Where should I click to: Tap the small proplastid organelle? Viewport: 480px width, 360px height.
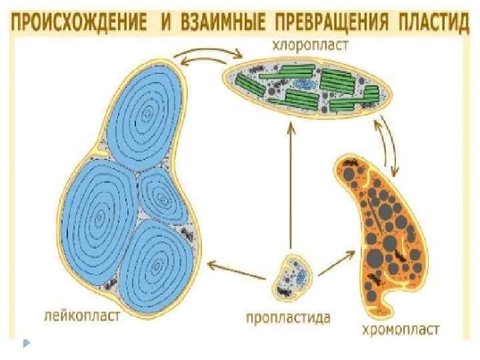pos(293,274)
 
